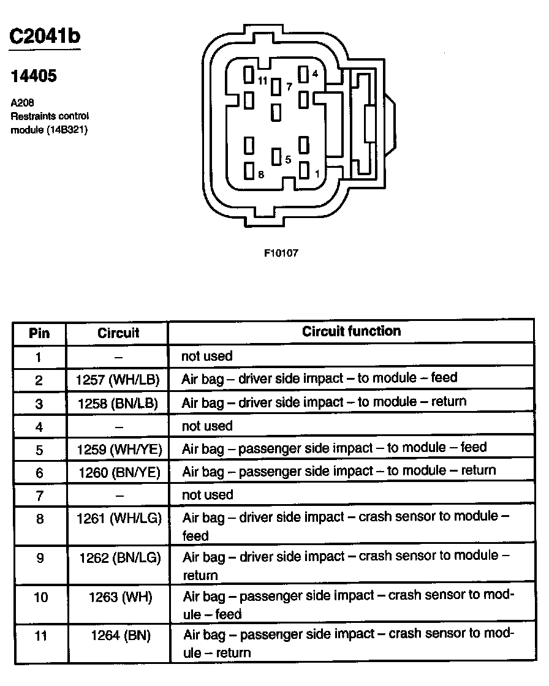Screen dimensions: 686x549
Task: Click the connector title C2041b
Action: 45,36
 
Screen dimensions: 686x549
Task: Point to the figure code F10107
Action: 281,252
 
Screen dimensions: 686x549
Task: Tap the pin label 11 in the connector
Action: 263,80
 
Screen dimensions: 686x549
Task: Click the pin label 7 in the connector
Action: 289,86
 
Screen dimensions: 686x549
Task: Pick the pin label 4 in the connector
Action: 315,73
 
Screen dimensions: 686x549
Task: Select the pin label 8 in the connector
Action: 261,174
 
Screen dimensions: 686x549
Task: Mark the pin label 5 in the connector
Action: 288,160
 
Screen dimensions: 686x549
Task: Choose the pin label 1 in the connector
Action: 317,174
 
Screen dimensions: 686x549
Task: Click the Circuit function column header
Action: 351,331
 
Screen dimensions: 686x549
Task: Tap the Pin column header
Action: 40,333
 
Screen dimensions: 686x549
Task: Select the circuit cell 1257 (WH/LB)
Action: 118,380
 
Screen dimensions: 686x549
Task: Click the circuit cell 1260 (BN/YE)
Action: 119,472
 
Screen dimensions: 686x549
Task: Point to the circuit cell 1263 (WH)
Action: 119,596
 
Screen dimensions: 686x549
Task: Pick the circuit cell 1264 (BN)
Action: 120,636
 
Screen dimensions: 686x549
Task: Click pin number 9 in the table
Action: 40,558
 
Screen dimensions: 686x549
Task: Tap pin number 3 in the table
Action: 39,404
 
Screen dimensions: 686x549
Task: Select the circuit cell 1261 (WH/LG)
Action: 119,519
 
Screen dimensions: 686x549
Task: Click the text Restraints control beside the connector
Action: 50,116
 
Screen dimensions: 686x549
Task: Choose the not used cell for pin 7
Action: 207,494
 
